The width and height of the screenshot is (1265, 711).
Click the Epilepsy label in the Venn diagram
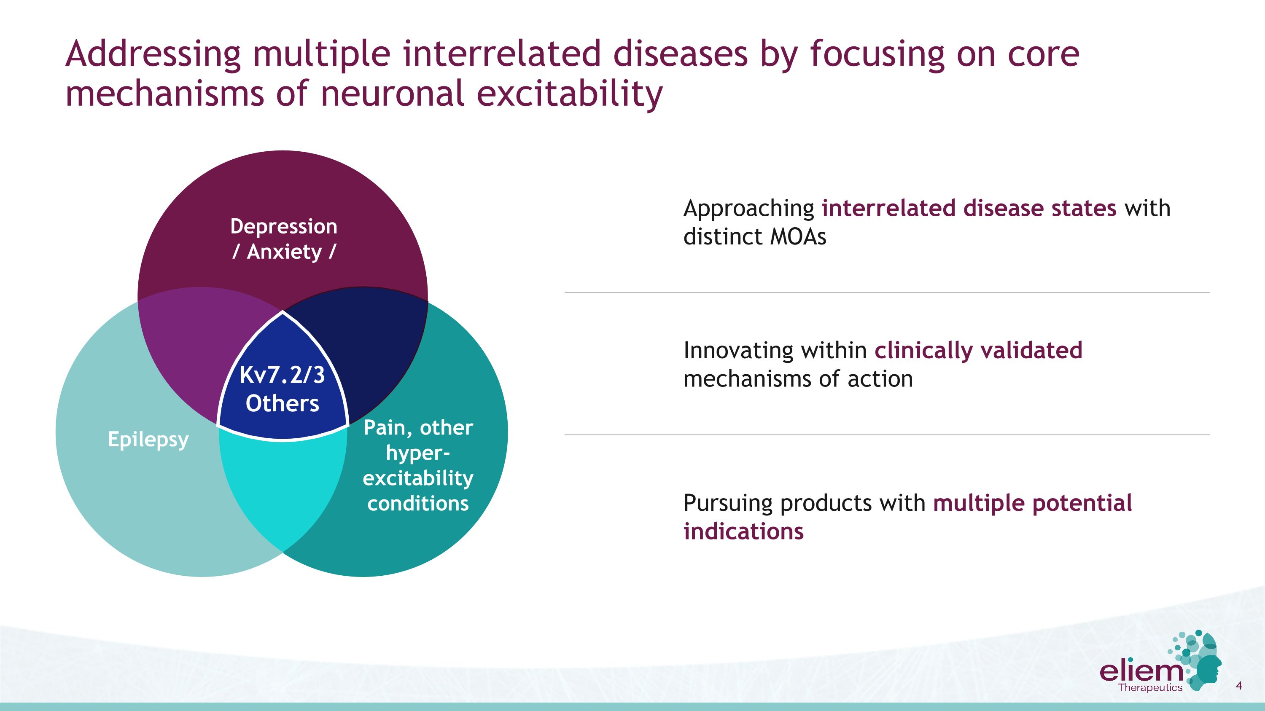click(x=148, y=439)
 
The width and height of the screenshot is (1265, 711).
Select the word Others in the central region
click(x=283, y=403)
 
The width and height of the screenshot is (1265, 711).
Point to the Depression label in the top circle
click(x=284, y=227)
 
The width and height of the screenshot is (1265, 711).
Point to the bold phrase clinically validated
click(x=979, y=350)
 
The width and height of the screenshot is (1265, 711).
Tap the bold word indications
click(x=743, y=531)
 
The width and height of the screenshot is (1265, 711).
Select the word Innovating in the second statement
click(x=739, y=351)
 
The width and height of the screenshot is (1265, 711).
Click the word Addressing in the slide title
click(x=153, y=54)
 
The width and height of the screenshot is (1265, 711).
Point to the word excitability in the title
click(x=570, y=94)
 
